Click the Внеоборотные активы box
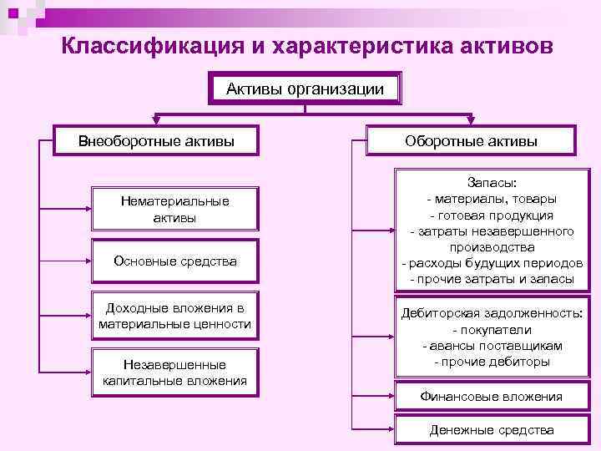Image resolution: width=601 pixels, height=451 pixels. click(156, 140)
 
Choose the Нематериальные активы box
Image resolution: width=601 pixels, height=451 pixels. click(175, 209)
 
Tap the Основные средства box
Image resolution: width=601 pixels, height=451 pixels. click(175, 261)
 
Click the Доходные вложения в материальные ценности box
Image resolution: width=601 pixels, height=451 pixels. click(175, 316)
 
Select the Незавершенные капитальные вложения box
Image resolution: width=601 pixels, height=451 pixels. click(175, 372)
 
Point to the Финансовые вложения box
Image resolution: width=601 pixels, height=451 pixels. click(492, 397)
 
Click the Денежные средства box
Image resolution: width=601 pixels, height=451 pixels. click(492, 430)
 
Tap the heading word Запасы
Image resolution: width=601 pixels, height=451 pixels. click(492, 182)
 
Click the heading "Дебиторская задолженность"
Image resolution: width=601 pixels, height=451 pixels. click(492, 313)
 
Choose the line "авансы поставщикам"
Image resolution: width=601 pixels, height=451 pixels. click(492, 345)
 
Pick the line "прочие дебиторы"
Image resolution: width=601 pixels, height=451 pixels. click(492, 362)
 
